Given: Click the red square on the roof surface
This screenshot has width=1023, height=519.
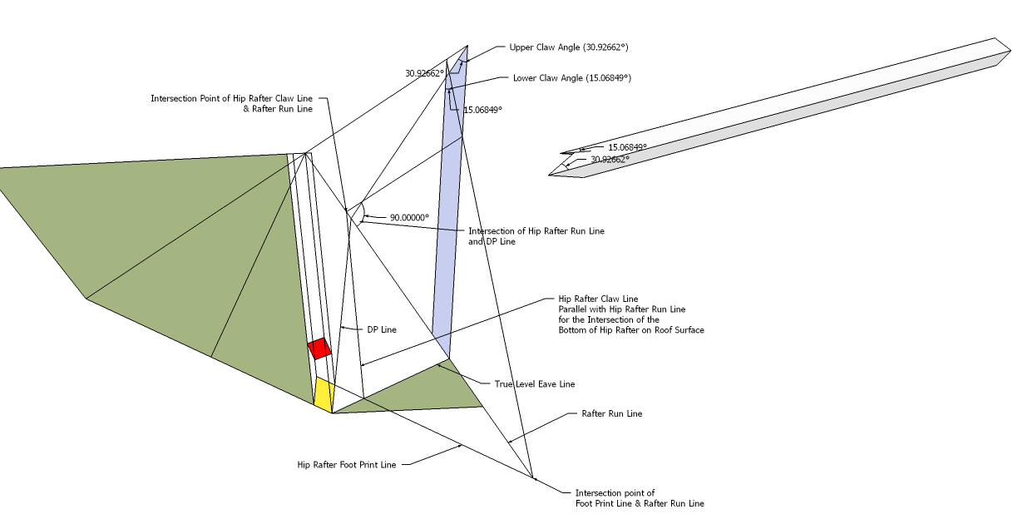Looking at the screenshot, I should pyautogui.click(x=319, y=348).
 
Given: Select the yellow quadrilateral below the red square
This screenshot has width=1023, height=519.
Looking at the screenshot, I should pyautogui.click(x=324, y=393).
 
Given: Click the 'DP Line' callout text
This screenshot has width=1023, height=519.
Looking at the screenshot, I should pyautogui.click(x=382, y=329).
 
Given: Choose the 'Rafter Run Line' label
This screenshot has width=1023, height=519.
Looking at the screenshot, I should pyautogui.click(x=611, y=413).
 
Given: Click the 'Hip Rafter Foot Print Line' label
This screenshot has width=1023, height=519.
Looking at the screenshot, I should pyautogui.click(x=347, y=465).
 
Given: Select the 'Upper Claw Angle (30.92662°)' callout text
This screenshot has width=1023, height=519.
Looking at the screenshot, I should pyautogui.click(x=562, y=47).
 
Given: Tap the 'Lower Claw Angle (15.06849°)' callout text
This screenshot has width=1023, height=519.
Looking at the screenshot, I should pyautogui.click(x=571, y=77).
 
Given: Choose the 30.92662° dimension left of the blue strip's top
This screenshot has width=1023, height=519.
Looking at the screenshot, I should pyautogui.click(x=424, y=73).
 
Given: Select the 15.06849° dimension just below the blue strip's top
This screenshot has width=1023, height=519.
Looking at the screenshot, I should pyautogui.click(x=482, y=110).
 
